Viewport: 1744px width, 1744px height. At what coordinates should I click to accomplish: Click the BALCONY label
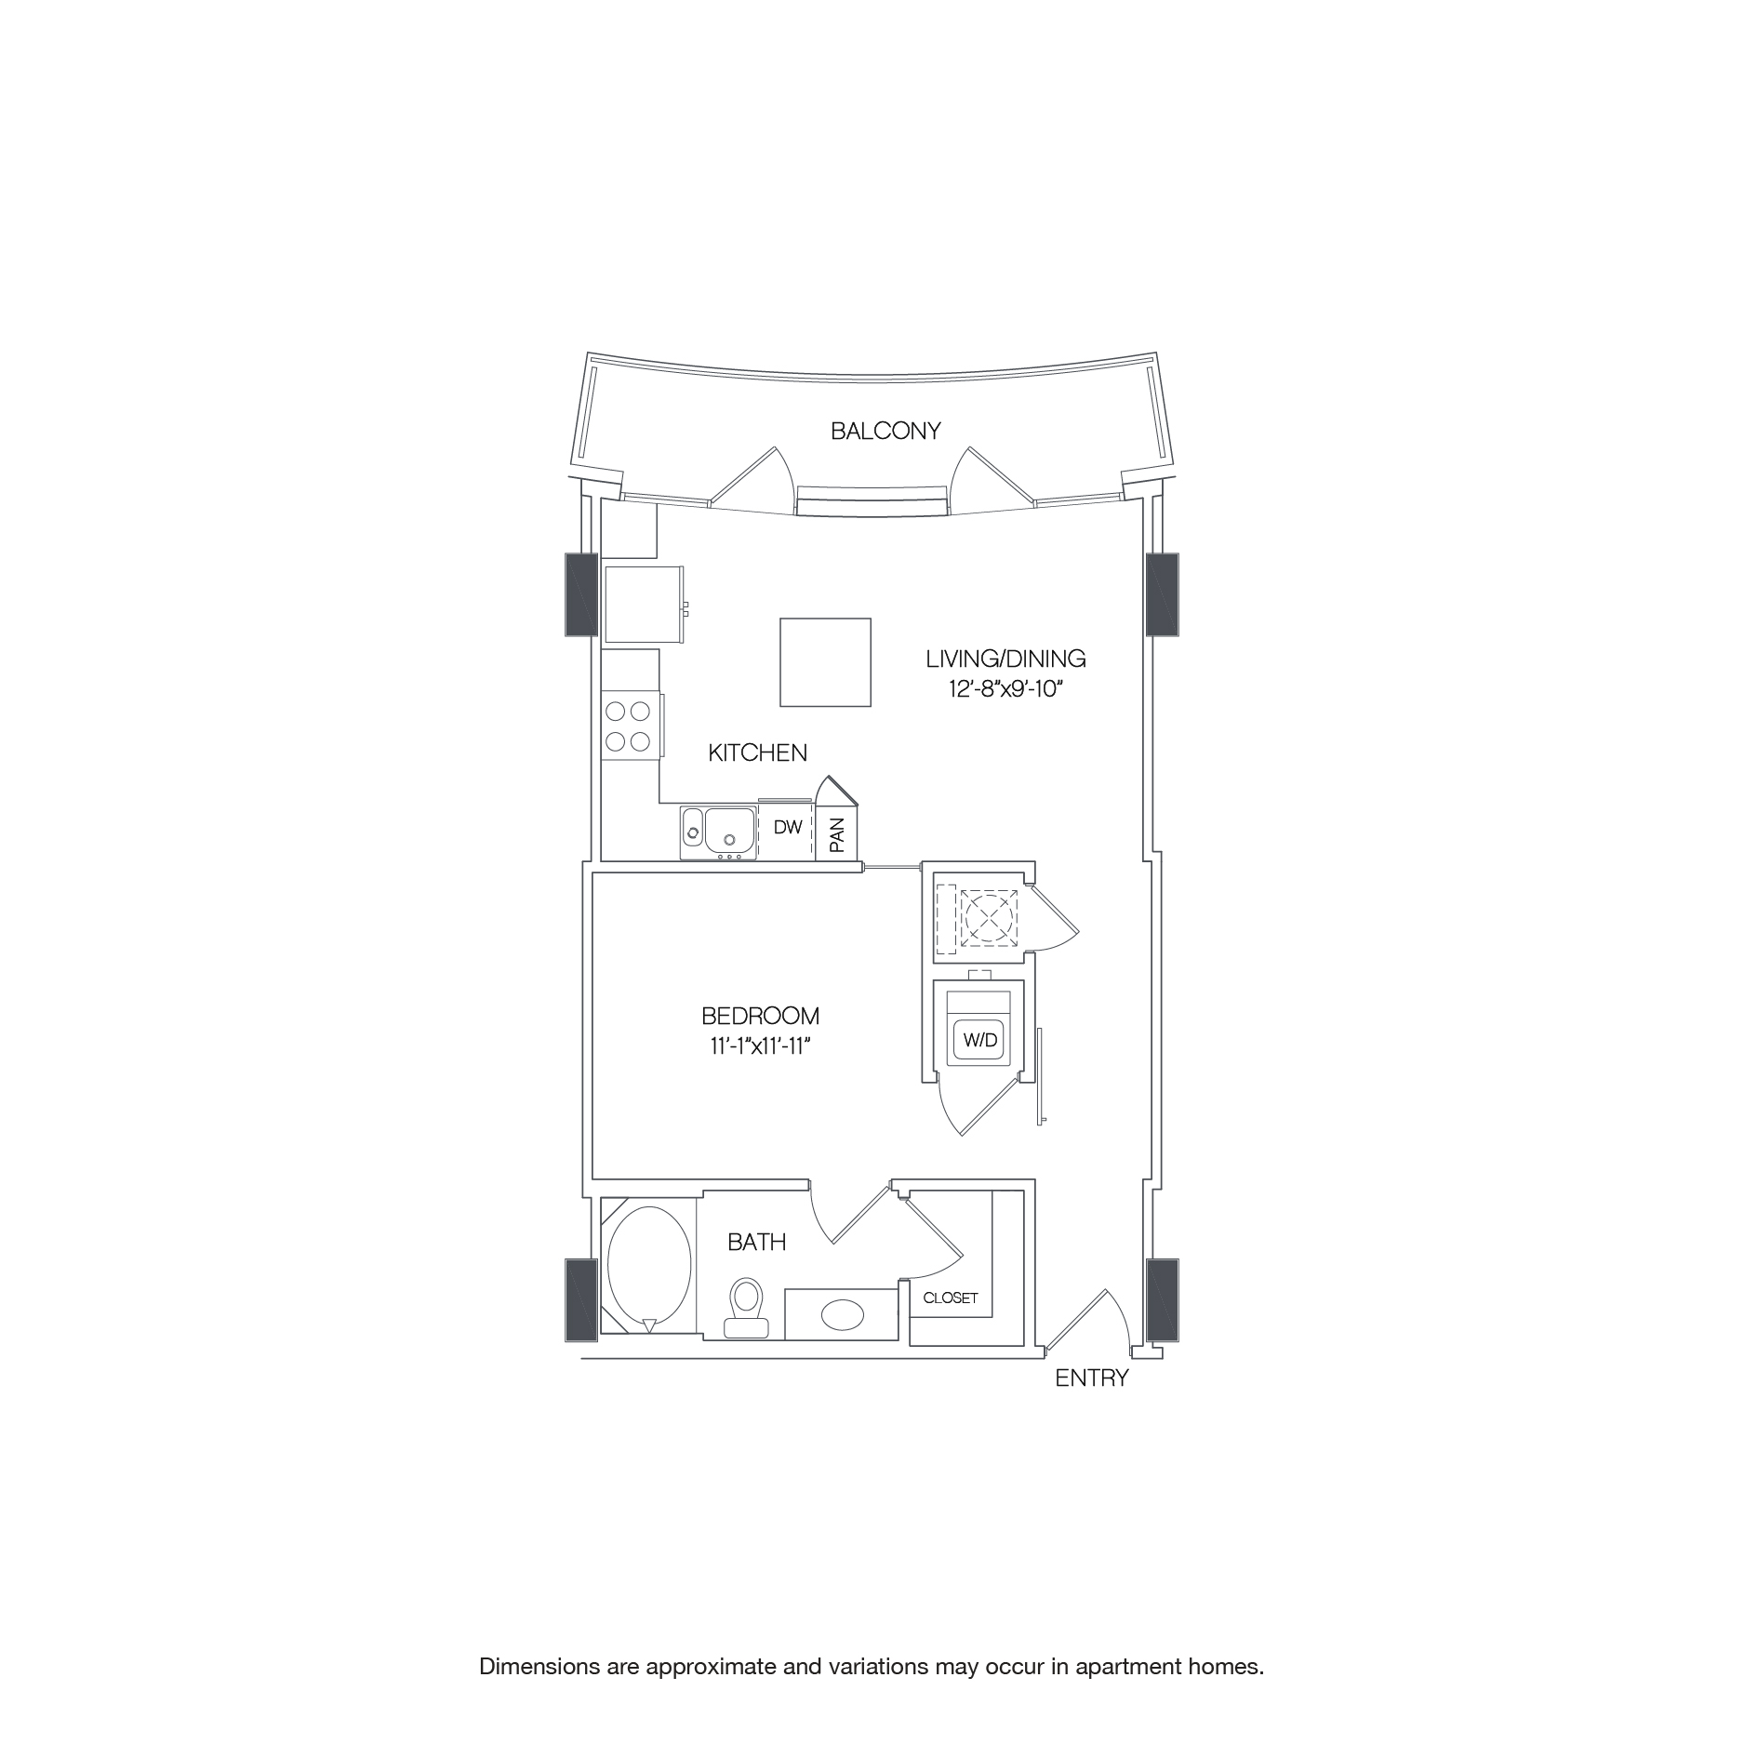(x=885, y=431)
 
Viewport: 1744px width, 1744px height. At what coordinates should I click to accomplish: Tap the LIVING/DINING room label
(x=1005, y=659)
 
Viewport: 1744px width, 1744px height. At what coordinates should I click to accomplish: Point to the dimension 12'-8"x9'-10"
(x=1005, y=690)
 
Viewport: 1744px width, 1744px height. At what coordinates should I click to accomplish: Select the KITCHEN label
(x=757, y=752)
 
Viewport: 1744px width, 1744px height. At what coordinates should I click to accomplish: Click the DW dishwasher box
(x=787, y=827)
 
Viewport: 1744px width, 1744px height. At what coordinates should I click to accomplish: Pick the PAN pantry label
(x=837, y=834)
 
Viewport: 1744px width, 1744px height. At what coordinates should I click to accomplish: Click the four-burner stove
(x=628, y=726)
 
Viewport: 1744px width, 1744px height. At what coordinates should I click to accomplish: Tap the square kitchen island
(x=825, y=662)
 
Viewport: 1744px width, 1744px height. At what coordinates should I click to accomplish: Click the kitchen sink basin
(x=729, y=829)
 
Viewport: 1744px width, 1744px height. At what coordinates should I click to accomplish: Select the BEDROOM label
(x=760, y=1016)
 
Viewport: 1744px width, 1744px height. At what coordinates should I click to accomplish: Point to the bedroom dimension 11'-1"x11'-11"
(x=760, y=1046)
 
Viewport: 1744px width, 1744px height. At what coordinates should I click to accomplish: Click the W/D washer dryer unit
(x=979, y=1040)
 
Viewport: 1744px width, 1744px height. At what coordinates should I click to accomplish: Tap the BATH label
(x=756, y=1242)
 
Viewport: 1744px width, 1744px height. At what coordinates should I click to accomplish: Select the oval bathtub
(x=648, y=1267)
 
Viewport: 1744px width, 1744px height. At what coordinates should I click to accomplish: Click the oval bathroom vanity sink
(x=842, y=1314)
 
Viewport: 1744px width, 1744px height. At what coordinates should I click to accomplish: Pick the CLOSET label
(x=951, y=1298)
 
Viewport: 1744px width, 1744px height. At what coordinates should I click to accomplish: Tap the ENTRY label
(x=1091, y=1378)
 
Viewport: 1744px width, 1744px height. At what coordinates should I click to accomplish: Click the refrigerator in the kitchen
(x=644, y=604)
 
